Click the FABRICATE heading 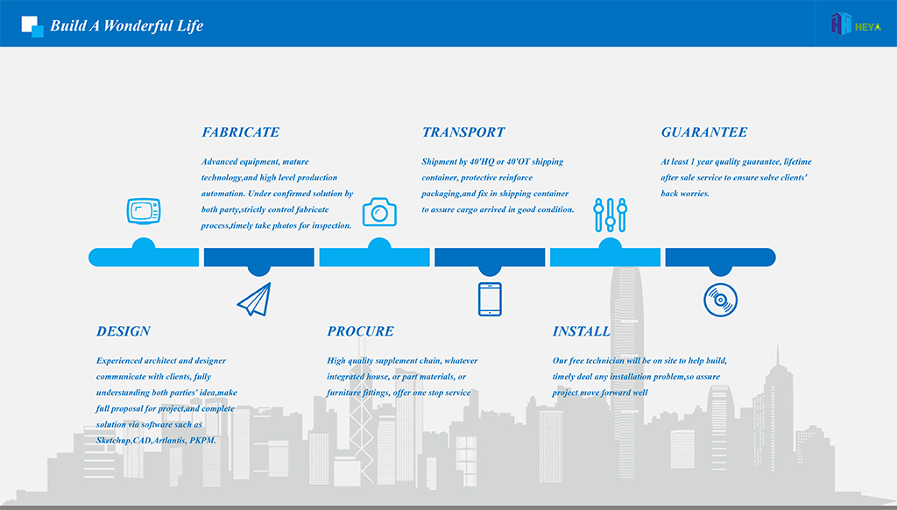pos(240,132)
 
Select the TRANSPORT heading pos(463,132)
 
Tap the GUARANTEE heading pos(704,132)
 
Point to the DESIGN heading pos(124,331)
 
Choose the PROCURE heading pos(360,331)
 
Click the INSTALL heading pos(582,331)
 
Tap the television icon pos(144,211)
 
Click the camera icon pos(379,212)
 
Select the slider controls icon pos(611,216)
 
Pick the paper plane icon pos(255,300)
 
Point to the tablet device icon pos(490,300)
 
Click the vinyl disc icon pos(720,300)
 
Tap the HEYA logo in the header pos(856,24)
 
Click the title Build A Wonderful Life pos(126,25)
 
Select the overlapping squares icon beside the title pos(32,26)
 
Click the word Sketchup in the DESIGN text pos(113,441)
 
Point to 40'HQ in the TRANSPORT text pos(482,162)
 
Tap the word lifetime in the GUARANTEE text pos(797,162)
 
